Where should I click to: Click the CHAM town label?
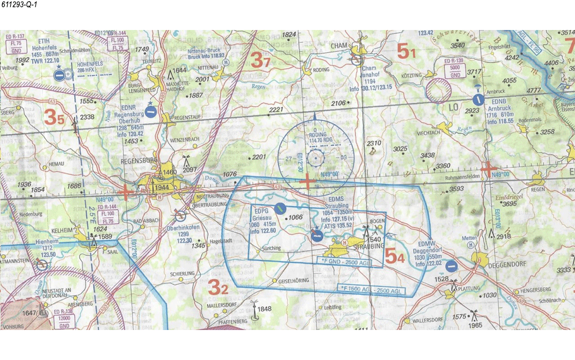point(338,46)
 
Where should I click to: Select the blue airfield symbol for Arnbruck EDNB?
point(477,99)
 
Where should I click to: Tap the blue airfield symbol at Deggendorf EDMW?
point(451,266)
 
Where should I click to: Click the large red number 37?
point(260,60)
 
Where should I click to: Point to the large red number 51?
point(406,52)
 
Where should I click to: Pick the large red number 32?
point(217,286)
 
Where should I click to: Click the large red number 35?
point(54,117)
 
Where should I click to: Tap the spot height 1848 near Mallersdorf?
point(264,309)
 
